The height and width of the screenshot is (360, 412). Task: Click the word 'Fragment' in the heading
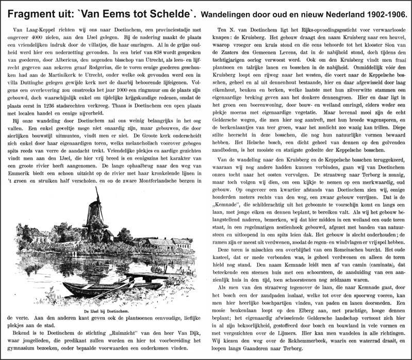[x=30, y=9]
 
